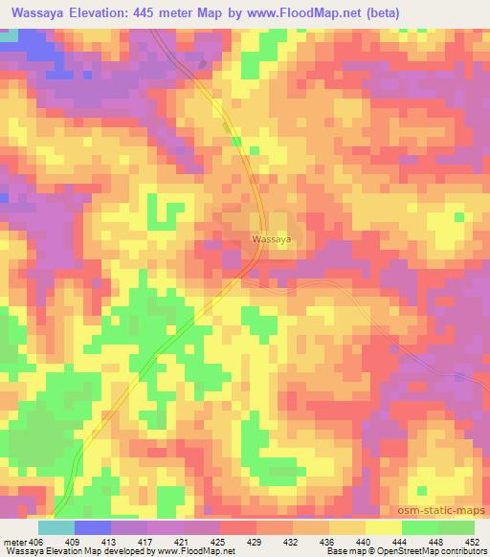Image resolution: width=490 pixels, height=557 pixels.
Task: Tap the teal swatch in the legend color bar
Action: pyautogui.click(x=56, y=527)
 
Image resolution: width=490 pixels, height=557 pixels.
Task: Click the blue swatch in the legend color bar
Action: pyautogui.click(x=93, y=527)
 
